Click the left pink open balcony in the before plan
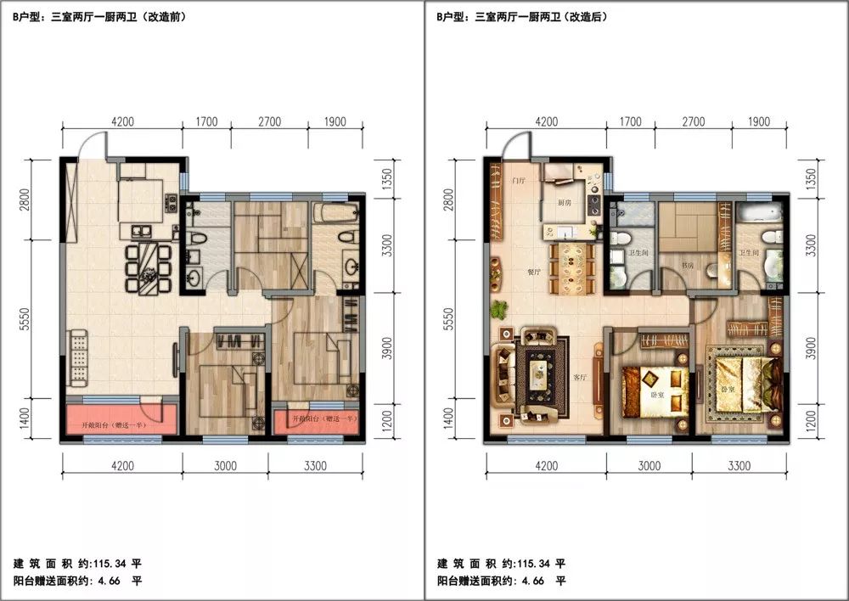(x=121, y=419)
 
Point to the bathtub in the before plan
(x=338, y=212)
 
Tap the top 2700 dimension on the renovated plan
(x=694, y=122)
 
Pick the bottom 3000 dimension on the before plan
(x=225, y=465)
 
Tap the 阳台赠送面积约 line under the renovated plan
(x=502, y=581)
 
